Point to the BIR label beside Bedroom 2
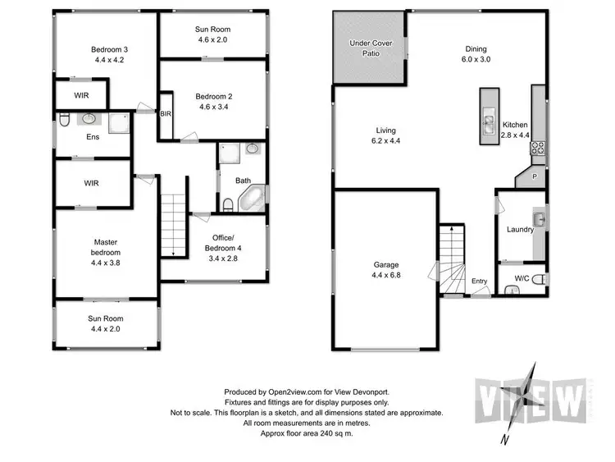pos(166,114)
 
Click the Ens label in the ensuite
pos(93,137)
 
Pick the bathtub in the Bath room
pos(253,198)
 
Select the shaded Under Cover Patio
pos(369,48)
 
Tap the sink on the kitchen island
pos(486,125)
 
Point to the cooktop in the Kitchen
pos(540,149)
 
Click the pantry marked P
pos(534,176)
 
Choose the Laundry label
pos(521,230)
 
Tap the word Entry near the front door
pos(479,281)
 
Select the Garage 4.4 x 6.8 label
pos(386,270)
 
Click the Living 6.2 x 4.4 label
pos(387,135)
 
